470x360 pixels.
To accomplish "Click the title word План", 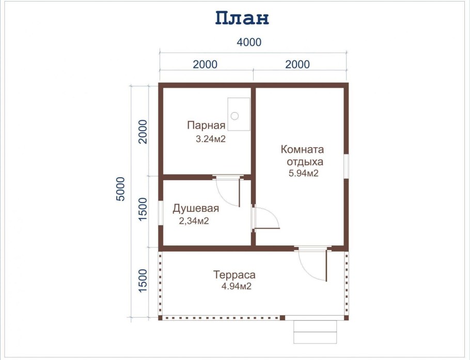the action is [242, 18].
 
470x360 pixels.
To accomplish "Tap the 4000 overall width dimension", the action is [249, 42].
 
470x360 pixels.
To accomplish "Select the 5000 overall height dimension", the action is [120, 189].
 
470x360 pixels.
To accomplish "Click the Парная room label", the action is [206, 126].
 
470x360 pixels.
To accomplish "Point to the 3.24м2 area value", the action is [210, 139].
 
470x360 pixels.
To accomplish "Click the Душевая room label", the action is [196, 209].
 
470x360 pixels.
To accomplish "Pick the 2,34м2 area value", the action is [194, 221].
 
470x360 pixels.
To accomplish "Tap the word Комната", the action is [302, 149].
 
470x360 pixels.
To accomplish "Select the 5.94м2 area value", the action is [303, 173].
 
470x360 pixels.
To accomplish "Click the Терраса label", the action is [234, 275].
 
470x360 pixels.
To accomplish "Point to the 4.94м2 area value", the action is [236, 286].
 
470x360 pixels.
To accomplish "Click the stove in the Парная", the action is [239, 114].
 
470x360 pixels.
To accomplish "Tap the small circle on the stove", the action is [234, 116].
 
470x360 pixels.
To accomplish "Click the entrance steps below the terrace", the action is [315, 332].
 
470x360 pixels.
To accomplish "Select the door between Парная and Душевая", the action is [229, 191].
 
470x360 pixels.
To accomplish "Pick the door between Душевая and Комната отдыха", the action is [265, 217].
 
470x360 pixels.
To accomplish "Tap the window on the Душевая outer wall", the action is [161, 213].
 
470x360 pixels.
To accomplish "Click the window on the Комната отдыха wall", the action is [346, 166].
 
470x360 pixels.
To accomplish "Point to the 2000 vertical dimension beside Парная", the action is [143, 132].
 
